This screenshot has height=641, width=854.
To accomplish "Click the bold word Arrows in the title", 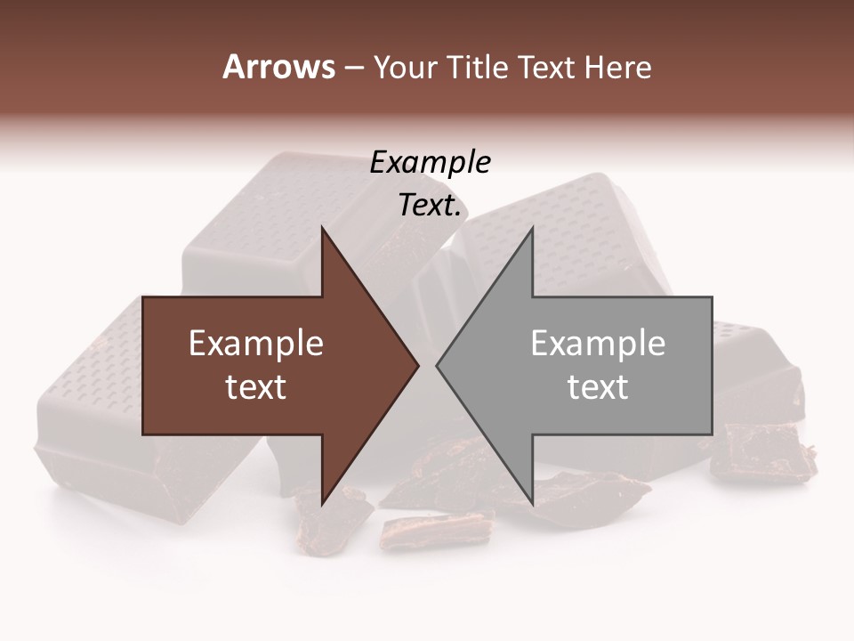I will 278,67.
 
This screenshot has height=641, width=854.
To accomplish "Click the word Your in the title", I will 405,68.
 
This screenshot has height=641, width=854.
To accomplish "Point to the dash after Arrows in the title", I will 353,69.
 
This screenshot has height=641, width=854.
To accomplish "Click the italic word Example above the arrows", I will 431,163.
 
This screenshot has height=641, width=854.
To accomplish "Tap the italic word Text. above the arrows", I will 431,206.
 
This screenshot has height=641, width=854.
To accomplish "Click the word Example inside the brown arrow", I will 256,344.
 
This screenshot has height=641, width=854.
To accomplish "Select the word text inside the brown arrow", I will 256,387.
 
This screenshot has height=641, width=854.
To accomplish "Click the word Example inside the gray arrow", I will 598,344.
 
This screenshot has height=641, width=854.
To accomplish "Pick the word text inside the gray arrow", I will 598,387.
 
